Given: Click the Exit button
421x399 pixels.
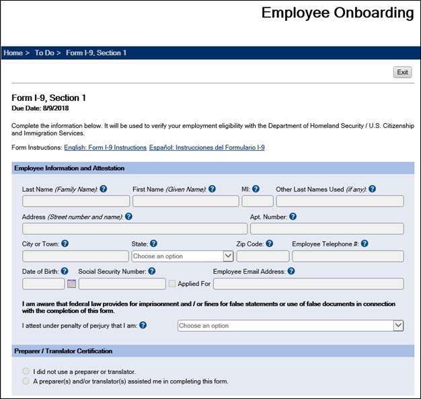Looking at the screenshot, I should click(x=402, y=72).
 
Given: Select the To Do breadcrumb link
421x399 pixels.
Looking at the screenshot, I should click(x=44, y=52).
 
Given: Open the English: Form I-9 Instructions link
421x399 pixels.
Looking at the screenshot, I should click(x=105, y=147).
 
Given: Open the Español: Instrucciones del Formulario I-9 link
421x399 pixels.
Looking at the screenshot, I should click(x=206, y=147).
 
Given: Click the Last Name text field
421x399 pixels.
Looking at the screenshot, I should click(x=76, y=201).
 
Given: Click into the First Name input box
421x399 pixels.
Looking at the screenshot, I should click(x=185, y=201).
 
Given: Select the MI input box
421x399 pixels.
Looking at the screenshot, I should click(x=258, y=201).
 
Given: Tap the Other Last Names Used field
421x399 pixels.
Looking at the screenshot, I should click(x=340, y=201).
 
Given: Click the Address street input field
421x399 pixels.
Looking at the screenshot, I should click(x=135, y=229).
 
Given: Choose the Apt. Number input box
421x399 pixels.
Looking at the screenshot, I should click(x=327, y=229).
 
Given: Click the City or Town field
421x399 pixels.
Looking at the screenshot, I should click(x=75, y=256).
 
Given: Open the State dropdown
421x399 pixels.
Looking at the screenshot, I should click(x=183, y=256).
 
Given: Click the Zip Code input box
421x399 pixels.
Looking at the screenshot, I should click(x=263, y=256).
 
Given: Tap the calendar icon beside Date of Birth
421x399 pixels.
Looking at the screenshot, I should click(x=71, y=284).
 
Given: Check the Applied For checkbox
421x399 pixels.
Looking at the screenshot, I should click(x=173, y=284).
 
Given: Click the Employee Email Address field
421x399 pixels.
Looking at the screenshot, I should click(x=308, y=284).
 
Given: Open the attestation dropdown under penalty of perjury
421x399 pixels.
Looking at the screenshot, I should click(x=291, y=326).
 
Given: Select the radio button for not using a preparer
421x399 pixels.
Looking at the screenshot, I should click(x=26, y=371).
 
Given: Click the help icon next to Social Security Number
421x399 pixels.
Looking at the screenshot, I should click(x=152, y=271).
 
